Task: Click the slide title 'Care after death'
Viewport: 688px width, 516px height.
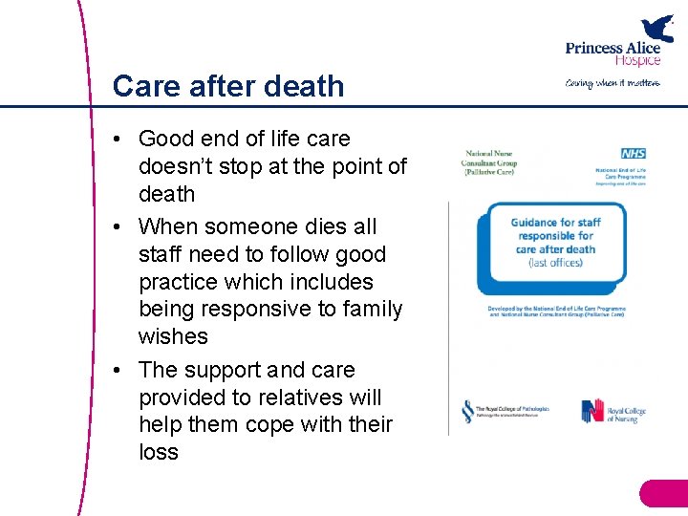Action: click(227, 86)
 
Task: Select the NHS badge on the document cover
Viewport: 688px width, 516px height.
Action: click(633, 154)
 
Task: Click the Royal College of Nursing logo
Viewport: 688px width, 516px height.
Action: click(613, 412)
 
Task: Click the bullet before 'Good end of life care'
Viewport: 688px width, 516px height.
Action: click(116, 140)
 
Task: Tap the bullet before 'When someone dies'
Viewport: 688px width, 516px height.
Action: click(116, 227)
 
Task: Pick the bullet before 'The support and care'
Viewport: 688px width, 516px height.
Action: click(116, 370)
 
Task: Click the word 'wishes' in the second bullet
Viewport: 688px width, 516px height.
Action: click(173, 336)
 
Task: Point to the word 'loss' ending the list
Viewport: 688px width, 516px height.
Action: click(159, 451)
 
